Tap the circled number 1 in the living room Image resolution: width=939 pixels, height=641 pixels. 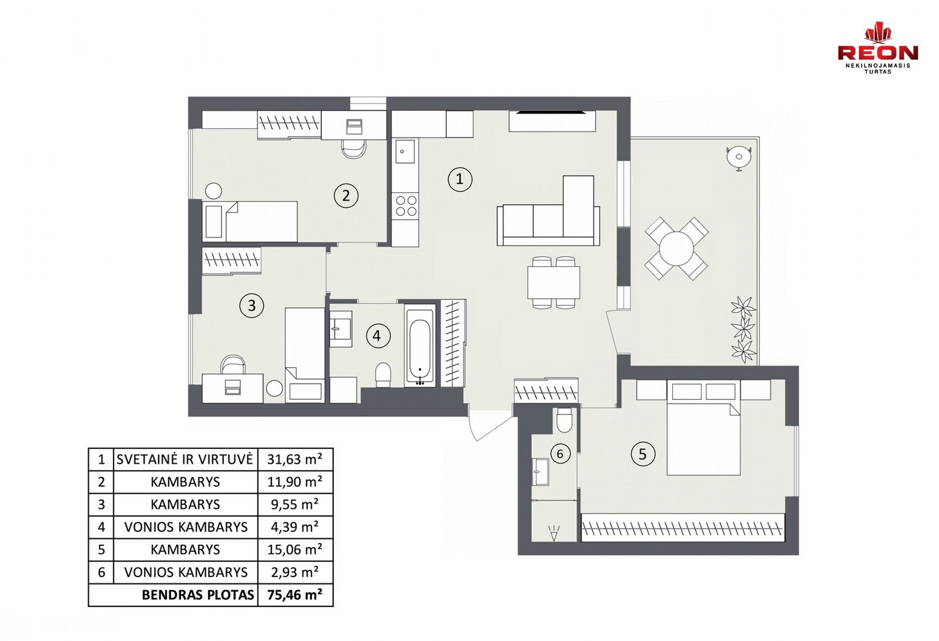tap(460, 179)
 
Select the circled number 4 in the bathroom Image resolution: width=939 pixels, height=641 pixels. tap(378, 336)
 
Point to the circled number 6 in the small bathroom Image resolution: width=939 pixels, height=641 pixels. tap(560, 454)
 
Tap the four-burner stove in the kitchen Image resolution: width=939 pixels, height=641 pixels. tap(406, 206)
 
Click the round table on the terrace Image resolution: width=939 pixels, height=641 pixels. tap(676, 249)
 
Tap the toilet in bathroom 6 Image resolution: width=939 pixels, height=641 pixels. tap(564, 420)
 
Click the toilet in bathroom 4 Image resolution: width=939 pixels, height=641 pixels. tap(384, 375)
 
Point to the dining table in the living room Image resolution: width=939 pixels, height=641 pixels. tap(554, 282)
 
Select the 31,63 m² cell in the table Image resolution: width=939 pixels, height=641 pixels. tap(295, 459)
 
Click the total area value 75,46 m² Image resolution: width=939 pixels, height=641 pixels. tap(295, 595)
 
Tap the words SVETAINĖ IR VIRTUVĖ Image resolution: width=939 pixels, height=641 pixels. tap(185, 459)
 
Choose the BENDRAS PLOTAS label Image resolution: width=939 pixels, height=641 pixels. tap(198, 595)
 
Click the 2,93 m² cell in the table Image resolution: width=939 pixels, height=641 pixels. tap(295, 572)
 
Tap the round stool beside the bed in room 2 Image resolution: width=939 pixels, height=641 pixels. tap(213, 191)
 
